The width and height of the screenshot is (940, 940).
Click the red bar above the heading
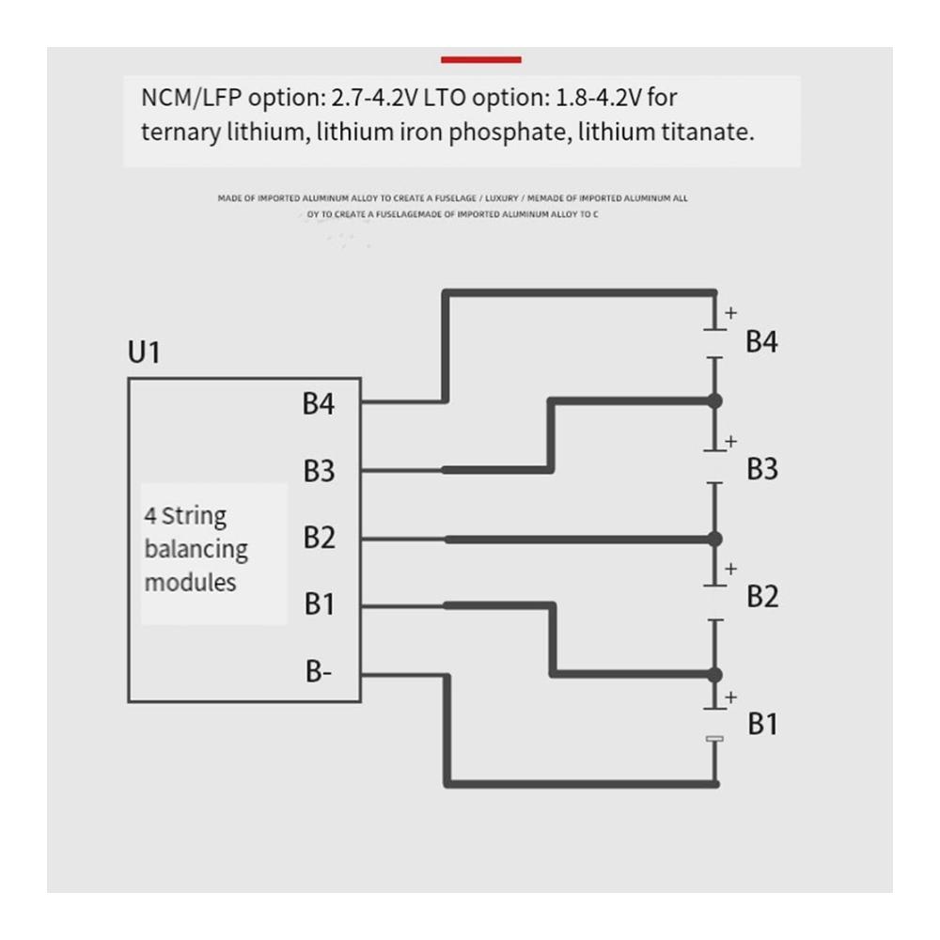pos(480,59)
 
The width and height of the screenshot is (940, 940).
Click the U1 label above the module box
pos(144,352)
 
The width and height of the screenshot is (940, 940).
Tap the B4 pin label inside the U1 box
pos(319,403)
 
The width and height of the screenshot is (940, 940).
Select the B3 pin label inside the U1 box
pos(319,471)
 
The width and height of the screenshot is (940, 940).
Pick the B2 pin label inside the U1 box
pos(319,537)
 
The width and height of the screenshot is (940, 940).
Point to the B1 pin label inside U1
pos(319,603)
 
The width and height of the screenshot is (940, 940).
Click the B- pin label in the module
pos(319,671)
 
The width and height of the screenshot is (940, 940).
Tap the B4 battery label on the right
pos(761,342)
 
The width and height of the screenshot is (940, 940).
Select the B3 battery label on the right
pos(762,469)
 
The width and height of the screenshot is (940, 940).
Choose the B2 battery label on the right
pos(762,597)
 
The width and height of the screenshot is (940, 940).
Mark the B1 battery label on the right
pos(762,724)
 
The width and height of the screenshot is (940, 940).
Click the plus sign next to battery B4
pos(730,312)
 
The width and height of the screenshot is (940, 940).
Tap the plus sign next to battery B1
pos(730,697)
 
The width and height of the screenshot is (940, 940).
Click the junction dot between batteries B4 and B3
pos(714,401)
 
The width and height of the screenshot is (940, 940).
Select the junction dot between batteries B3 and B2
pos(714,539)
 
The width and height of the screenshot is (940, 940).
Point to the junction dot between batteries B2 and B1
pos(714,675)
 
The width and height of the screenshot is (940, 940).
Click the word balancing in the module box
pos(196,550)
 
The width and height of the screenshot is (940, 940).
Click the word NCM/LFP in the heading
pos(191,98)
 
